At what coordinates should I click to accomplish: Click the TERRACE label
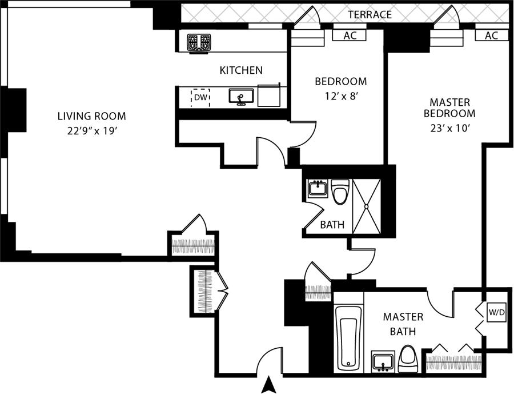370,14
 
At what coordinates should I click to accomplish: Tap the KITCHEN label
241,70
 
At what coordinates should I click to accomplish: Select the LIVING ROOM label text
91,116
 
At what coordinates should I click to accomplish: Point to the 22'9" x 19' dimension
91,131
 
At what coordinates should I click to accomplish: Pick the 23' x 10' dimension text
450,128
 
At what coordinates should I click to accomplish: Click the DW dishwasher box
200,98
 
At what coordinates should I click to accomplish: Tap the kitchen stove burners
199,42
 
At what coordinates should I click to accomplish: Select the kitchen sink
241,97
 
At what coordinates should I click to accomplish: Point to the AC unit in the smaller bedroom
351,35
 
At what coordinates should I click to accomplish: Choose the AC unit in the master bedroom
491,35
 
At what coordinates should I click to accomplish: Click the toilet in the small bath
340,192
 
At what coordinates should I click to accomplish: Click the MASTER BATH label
403,324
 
